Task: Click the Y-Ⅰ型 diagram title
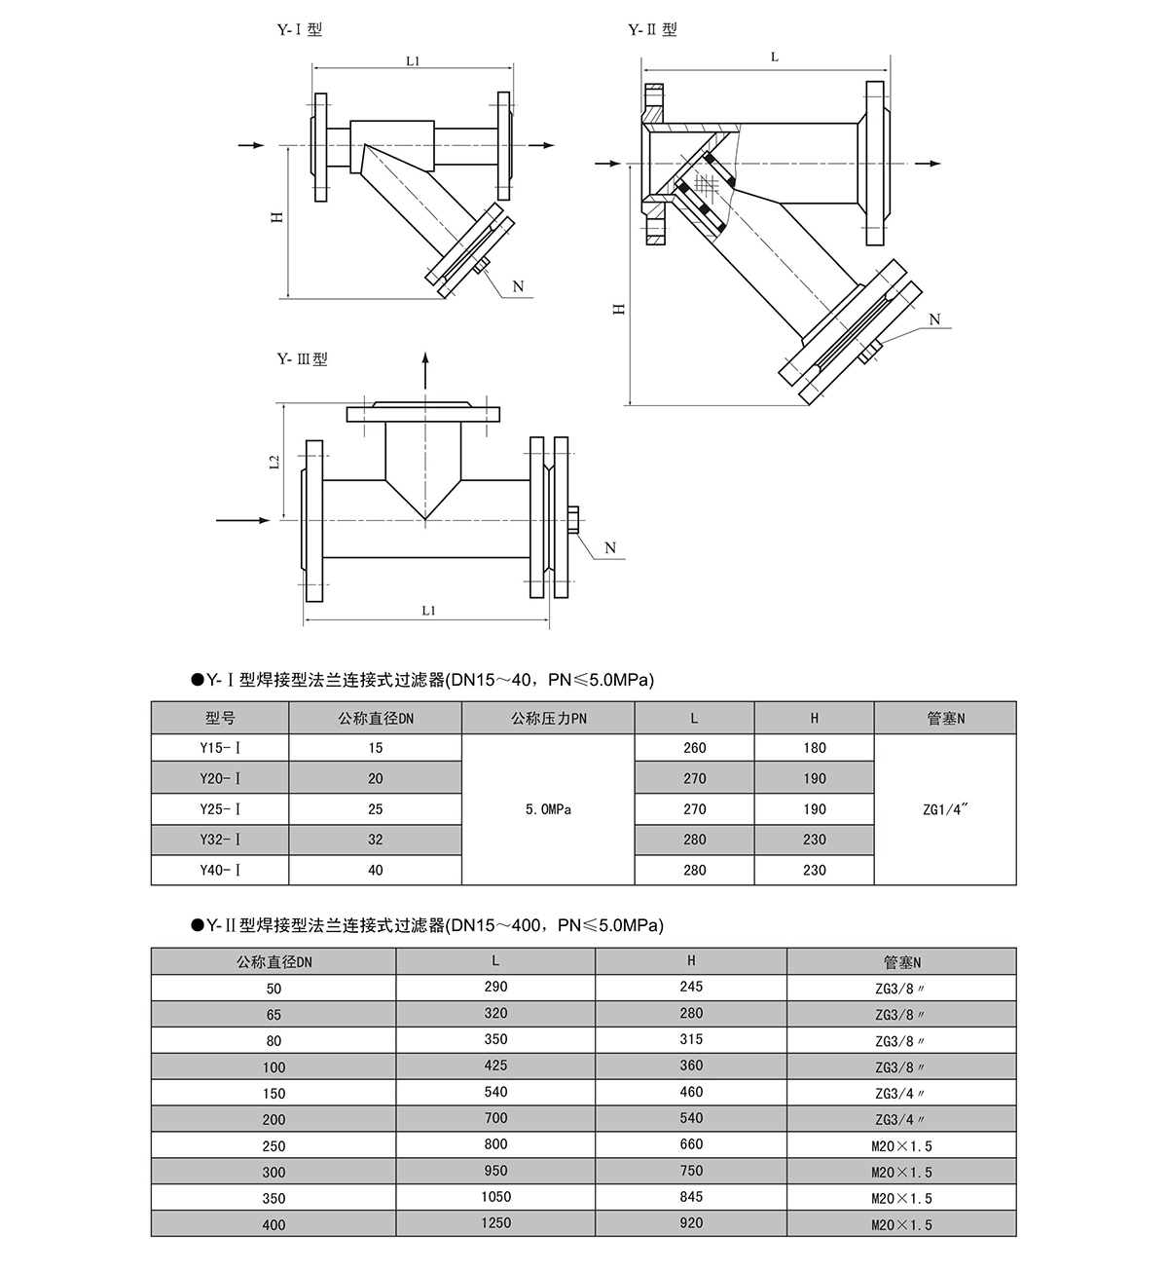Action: (x=300, y=30)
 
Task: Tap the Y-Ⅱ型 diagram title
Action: (x=652, y=30)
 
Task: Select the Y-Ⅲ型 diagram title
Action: (x=302, y=359)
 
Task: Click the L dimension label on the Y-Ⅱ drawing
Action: (x=775, y=57)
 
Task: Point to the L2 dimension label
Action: (x=274, y=462)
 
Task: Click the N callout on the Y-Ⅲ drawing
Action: (x=610, y=547)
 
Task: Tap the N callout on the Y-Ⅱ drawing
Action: (x=934, y=319)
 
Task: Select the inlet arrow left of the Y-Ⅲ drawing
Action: (x=243, y=521)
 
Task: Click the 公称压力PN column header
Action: (x=548, y=719)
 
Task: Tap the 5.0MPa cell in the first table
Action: (x=548, y=809)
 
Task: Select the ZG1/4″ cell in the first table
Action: (x=944, y=809)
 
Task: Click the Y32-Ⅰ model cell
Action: (x=220, y=840)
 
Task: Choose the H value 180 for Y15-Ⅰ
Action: (x=815, y=748)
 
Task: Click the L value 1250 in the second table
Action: (x=495, y=1223)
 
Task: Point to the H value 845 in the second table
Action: (x=691, y=1197)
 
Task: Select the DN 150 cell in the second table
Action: (x=274, y=1093)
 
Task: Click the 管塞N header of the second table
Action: (x=901, y=962)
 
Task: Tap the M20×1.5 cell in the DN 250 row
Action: (x=901, y=1146)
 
